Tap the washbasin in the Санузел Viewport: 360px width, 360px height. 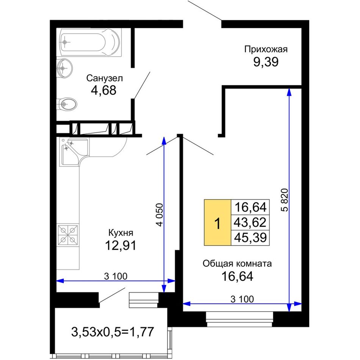[x=64, y=68]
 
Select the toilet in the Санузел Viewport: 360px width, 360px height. [x=67, y=105]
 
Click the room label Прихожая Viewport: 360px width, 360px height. [x=266, y=49]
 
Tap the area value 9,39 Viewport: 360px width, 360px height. [x=266, y=62]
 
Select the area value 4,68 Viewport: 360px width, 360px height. [x=103, y=90]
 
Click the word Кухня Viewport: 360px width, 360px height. [x=121, y=233]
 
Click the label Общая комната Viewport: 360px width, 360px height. [x=237, y=264]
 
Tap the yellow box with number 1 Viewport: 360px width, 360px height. [x=218, y=222]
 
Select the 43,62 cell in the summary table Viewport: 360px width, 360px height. [x=250, y=222]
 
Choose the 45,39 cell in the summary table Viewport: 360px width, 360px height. [x=250, y=237]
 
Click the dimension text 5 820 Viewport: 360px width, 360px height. [x=284, y=200]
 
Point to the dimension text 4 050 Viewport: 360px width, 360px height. [x=160, y=214]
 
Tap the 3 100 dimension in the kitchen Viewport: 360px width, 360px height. [x=116, y=276]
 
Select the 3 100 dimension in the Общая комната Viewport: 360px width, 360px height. [x=242, y=299]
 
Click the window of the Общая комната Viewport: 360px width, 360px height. [x=239, y=319]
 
